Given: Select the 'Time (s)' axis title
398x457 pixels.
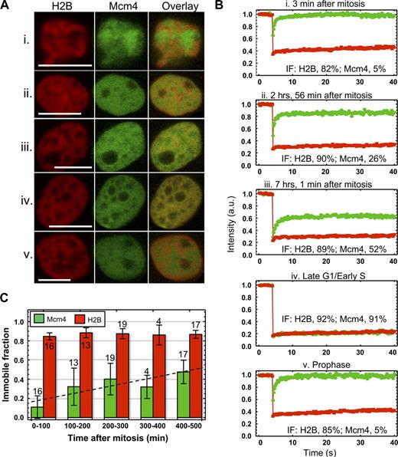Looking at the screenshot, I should [x=320, y=451].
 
